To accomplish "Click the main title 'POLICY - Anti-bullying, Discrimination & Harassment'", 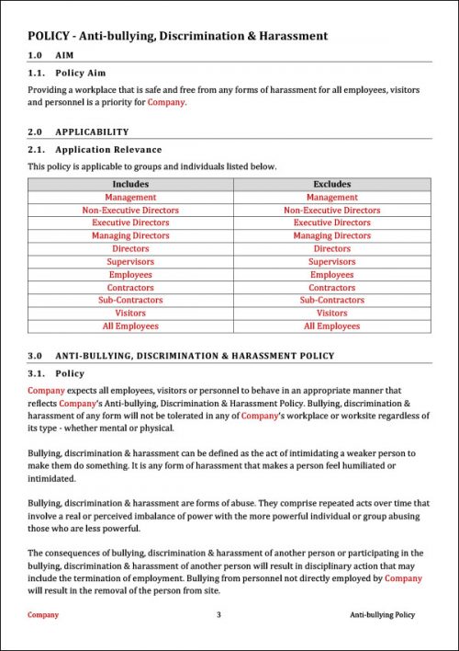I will pyautogui.click(x=177, y=36).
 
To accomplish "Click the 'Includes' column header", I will pyautogui.click(x=130, y=184).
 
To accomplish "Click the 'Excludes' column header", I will pyautogui.click(x=331, y=184).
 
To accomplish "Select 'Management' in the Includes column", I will pyautogui.click(x=130, y=197).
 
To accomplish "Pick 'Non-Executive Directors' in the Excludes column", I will pyautogui.click(x=331, y=210).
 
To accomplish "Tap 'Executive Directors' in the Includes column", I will pyautogui.click(x=130, y=223).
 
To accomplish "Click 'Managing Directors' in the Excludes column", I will pyautogui.click(x=331, y=235).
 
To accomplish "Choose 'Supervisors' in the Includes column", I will pyautogui.click(x=130, y=261).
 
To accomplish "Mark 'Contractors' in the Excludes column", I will pyautogui.click(x=331, y=287).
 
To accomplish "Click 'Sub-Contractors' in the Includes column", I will pyautogui.click(x=130, y=300).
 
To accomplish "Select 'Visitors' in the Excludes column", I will pyautogui.click(x=331, y=313).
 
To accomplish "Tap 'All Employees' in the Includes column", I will pyautogui.click(x=130, y=325).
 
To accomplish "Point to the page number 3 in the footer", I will pyautogui.click(x=218, y=614).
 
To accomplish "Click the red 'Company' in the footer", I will pyautogui.click(x=43, y=614).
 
